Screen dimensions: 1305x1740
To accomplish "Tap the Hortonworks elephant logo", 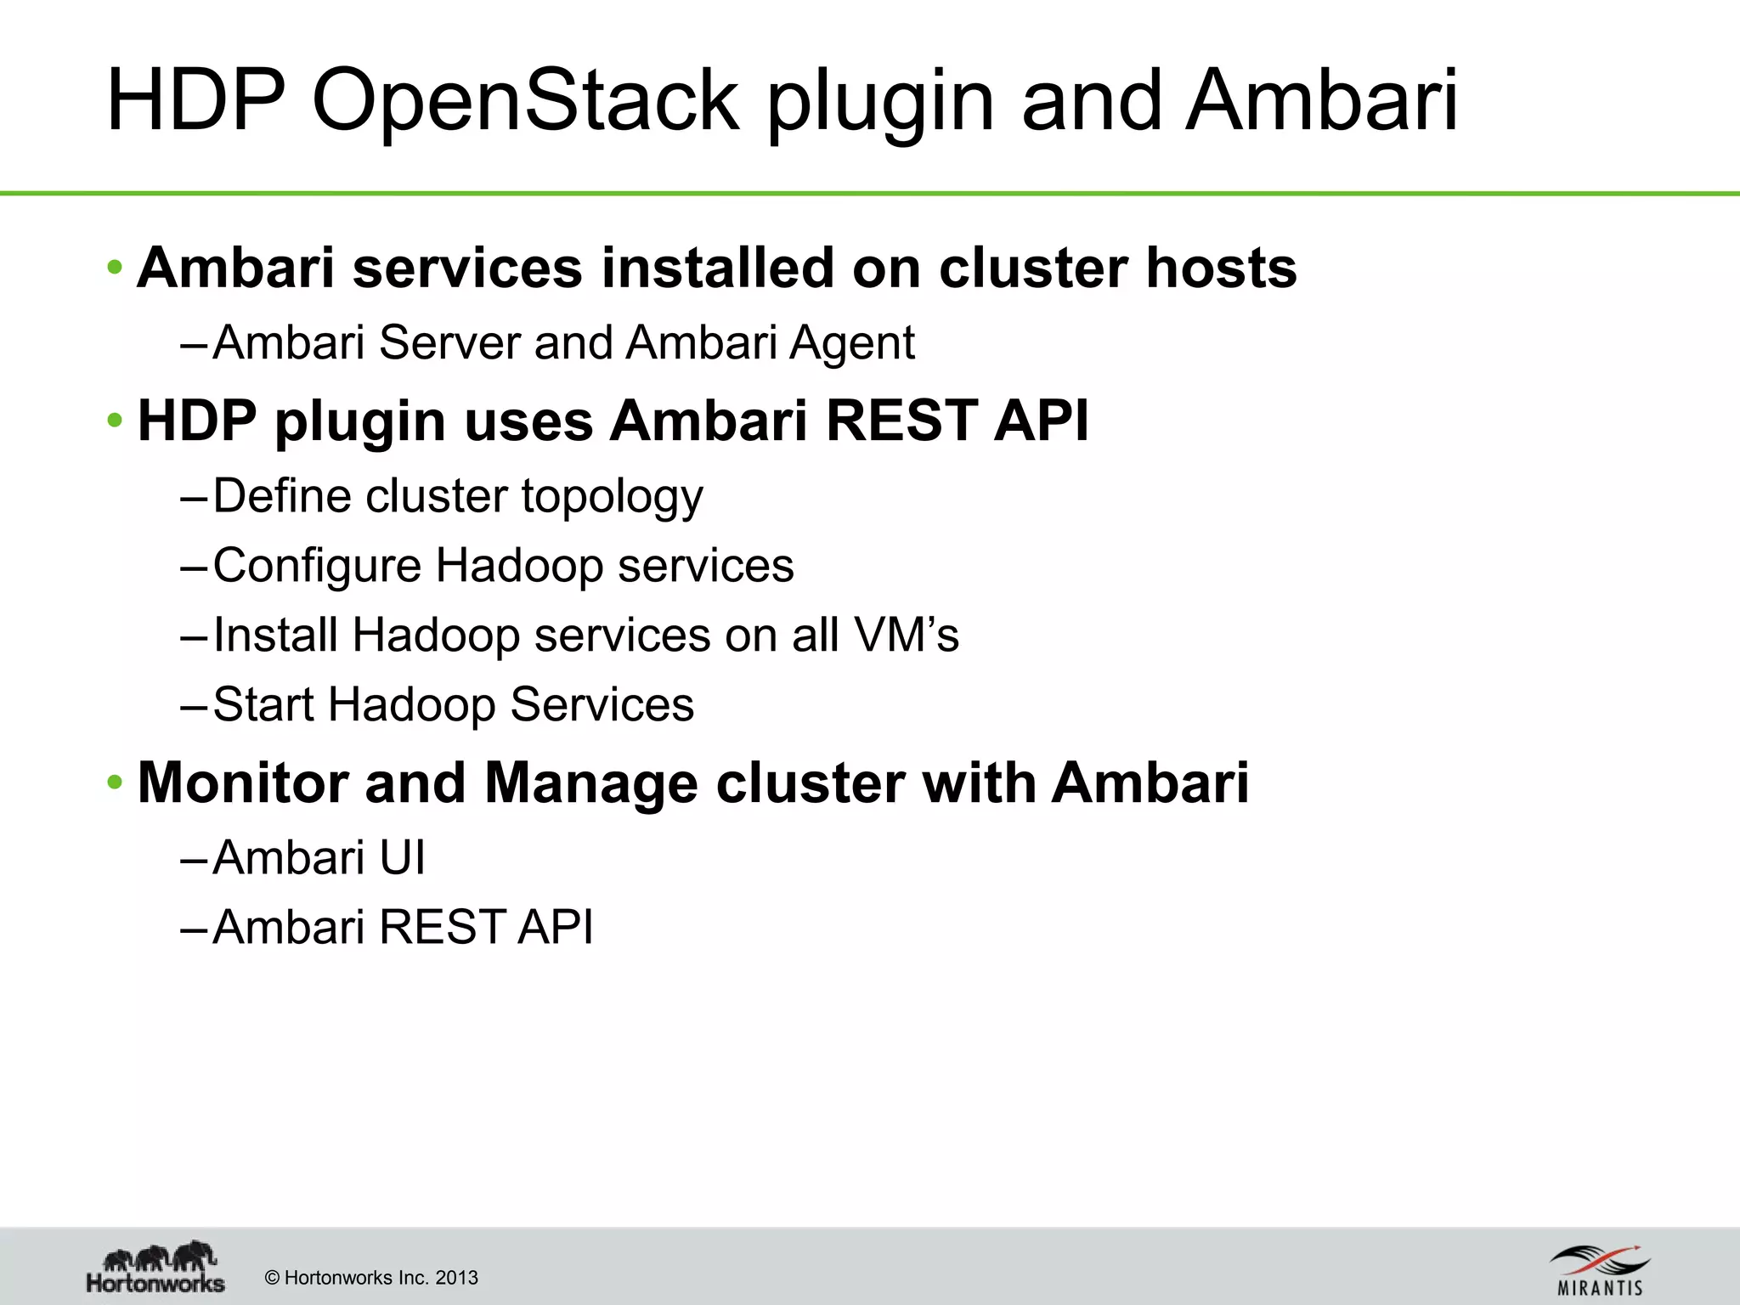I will (x=156, y=1266).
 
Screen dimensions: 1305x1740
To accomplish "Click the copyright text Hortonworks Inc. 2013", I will (x=371, y=1278).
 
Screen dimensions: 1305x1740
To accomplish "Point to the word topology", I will (x=612, y=496).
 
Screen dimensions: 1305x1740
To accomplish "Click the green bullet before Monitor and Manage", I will (x=115, y=782).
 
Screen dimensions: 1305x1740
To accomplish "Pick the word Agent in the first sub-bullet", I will (x=851, y=343).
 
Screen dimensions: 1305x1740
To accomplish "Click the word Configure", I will (x=316, y=566).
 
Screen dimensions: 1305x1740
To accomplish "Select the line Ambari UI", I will (x=319, y=857).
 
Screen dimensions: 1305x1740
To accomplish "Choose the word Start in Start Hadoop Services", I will (x=263, y=704).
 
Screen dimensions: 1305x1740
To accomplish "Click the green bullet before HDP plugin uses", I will (x=115, y=420).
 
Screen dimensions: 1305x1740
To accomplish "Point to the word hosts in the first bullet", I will (x=1221, y=268).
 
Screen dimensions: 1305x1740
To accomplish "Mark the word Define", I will (x=281, y=496).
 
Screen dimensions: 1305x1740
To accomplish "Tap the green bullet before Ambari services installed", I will (x=115, y=268).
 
